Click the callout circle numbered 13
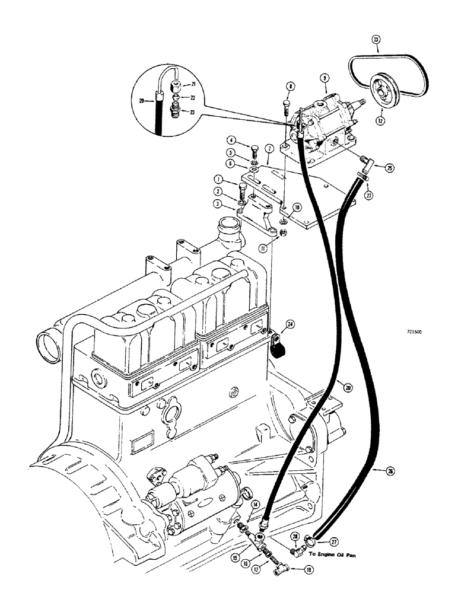click(x=376, y=40)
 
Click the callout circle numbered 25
click(x=372, y=168)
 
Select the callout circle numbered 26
click(x=389, y=471)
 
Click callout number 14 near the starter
click(x=255, y=504)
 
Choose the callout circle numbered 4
click(x=231, y=141)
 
